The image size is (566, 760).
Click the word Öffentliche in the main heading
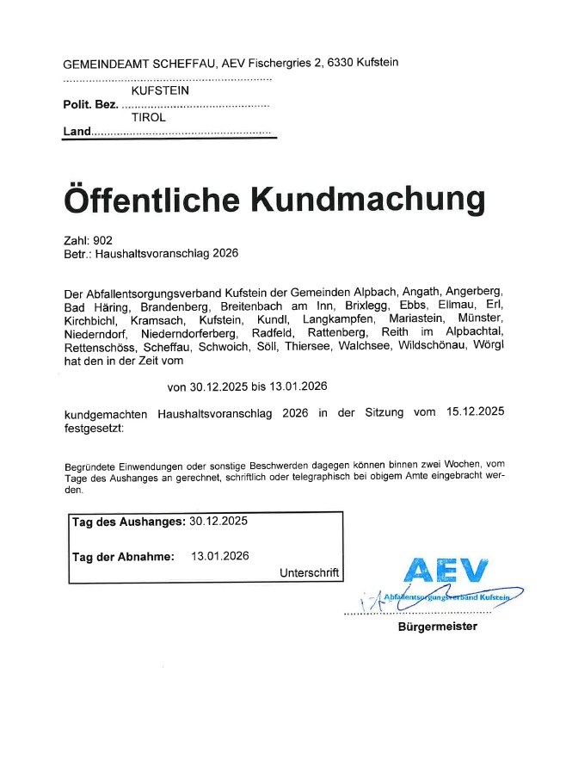(x=151, y=199)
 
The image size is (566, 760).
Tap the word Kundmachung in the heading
(x=367, y=199)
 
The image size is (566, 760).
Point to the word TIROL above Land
(x=149, y=117)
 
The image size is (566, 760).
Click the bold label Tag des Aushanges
(x=129, y=522)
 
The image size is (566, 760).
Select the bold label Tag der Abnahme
(x=124, y=556)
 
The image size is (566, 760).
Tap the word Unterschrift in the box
(x=310, y=572)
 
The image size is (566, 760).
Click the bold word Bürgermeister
(x=437, y=627)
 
